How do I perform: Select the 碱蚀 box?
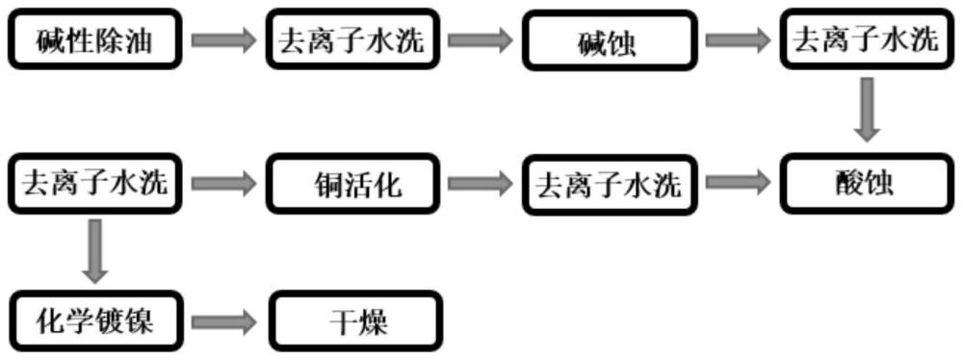(x=611, y=40)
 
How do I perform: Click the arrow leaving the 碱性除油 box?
(x=223, y=40)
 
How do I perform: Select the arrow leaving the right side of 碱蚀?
(x=738, y=40)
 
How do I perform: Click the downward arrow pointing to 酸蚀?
(x=869, y=110)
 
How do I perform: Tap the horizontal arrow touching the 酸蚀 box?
(x=738, y=181)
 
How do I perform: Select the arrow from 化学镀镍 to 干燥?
(x=223, y=321)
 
